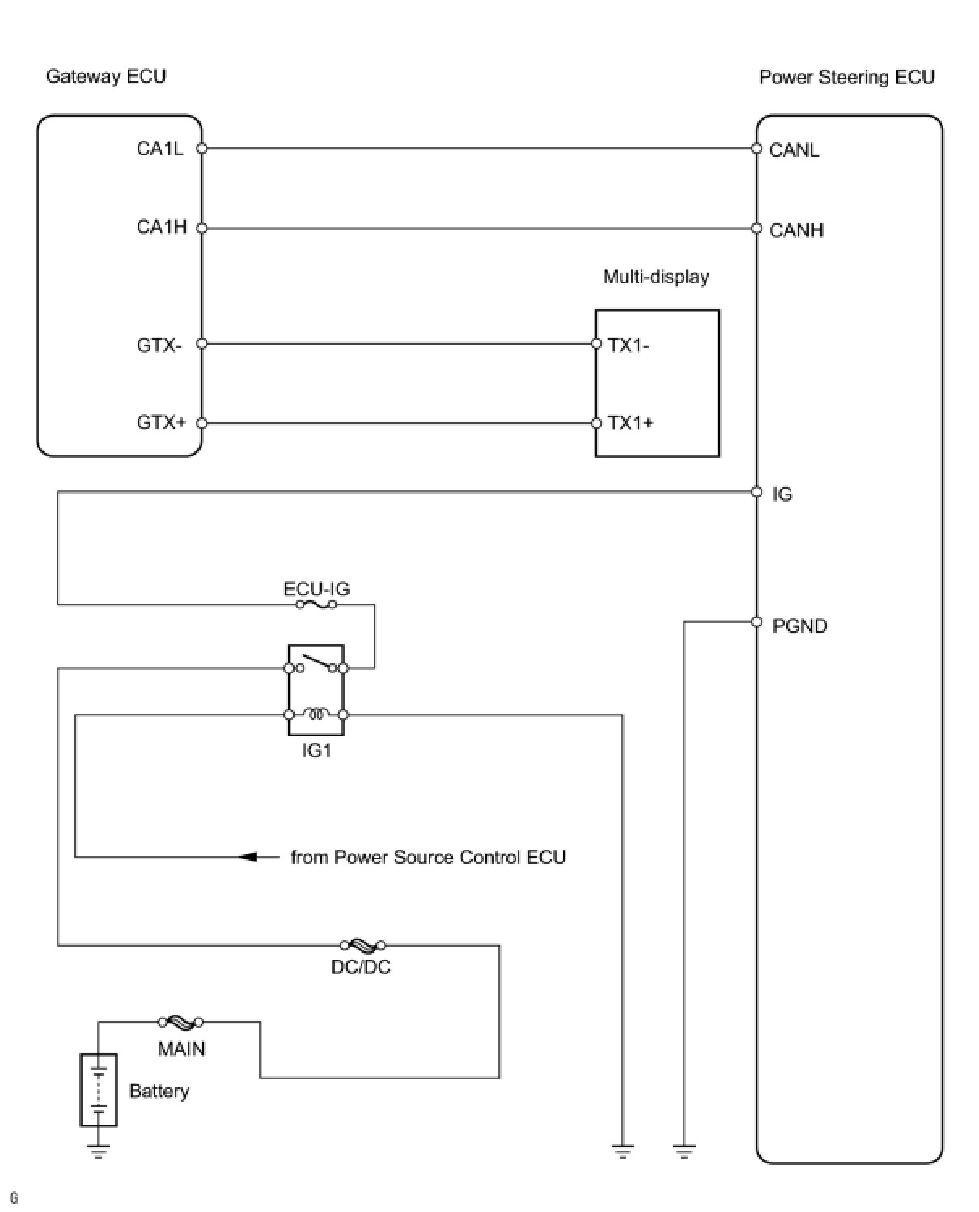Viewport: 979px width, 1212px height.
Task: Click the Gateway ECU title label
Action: pos(106,76)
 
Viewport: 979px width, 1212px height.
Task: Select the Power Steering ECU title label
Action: pos(846,78)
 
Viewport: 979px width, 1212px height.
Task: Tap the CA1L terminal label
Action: pos(160,149)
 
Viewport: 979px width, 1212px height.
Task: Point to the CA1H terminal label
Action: pos(162,227)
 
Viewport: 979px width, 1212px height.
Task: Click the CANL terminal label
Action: pos(794,150)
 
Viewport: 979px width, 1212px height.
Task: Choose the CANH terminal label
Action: pos(796,231)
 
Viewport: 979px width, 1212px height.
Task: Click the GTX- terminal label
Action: pos(159,345)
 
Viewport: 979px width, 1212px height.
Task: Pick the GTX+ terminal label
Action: pos(161,422)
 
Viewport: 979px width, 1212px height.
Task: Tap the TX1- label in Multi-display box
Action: pos(629,345)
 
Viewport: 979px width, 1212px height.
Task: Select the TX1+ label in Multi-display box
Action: pos(631,423)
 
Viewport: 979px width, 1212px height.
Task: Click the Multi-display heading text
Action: pos(656,278)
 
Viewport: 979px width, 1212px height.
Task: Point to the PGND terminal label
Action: pos(799,626)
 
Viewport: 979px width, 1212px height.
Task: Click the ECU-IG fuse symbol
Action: pos(316,605)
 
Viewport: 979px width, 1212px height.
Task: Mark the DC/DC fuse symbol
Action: pos(362,946)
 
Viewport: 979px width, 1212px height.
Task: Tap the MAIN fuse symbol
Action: pos(180,1023)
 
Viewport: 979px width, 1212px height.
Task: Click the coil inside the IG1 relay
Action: pos(316,714)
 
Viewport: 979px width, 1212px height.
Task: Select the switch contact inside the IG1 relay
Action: pos(316,663)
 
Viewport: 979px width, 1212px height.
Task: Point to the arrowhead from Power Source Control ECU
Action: pos(248,857)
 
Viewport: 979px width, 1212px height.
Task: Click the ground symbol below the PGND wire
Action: pos(684,1151)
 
